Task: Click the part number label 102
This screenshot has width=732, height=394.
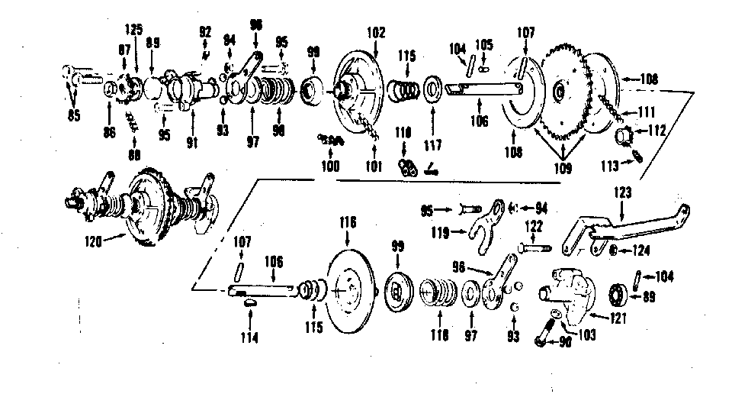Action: [x=376, y=33]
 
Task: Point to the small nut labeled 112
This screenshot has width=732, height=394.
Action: [x=626, y=137]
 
